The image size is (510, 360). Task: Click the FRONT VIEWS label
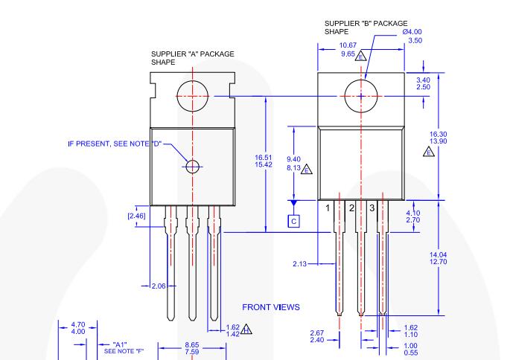[x=271, y=307]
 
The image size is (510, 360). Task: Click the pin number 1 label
[x=328, y=208]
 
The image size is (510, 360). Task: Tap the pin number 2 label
[x=351, y=208]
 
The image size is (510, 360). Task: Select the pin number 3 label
[x=372, y=208]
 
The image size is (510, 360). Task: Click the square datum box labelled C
[x=293, y=221]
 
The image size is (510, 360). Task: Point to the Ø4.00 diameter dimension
[x=412, y=32]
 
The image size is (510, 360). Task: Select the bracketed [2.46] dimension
[x=136, y=216]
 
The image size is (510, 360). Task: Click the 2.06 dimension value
[x=159, y=286]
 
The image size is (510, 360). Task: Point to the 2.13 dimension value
[x=299, y=264]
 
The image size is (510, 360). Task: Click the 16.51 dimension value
[x=264, y=158]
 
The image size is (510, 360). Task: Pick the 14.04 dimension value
[x=438, y=255]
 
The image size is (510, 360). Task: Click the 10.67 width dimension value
[x=348, y=45]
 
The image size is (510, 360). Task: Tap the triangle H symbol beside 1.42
[x=246, y=330]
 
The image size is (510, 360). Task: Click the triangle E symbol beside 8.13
[x=307, y=170]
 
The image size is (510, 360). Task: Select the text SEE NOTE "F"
[x=124, y=351]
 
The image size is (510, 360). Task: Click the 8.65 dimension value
[x=192, y=344]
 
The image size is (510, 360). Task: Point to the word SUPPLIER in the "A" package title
[x=168, y=54]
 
